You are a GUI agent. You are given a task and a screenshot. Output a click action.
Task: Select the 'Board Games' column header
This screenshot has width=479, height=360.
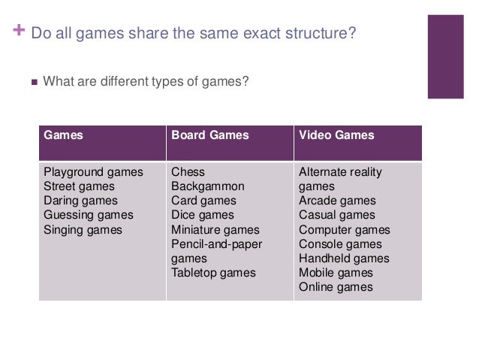coord(210,136)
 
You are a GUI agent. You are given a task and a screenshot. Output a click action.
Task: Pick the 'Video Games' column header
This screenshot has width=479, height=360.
coord(336,136)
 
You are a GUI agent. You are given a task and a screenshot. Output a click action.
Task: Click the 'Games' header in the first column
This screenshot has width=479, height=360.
coord(64,136)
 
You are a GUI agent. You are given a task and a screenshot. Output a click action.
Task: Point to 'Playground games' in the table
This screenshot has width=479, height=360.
coord(93,172)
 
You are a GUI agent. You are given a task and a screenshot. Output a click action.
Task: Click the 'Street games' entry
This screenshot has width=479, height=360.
coord(80,186)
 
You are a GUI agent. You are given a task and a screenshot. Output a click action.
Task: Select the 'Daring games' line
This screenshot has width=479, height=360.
coord(81,201)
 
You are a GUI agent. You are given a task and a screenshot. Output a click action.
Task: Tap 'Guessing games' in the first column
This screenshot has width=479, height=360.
coord(89,215)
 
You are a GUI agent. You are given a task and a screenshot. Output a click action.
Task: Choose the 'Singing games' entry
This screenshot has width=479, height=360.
coord(83,229)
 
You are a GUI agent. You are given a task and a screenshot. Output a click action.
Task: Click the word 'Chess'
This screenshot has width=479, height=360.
coord(188,172)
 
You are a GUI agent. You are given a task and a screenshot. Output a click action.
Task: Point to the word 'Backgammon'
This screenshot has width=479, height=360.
coord(208,186)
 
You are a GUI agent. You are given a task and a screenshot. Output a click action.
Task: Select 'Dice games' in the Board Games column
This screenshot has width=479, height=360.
coord(203,215)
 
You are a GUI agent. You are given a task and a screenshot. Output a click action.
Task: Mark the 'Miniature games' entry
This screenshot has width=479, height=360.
coord(215,229)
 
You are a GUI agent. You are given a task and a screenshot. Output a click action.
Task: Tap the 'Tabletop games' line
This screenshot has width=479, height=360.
coord(213,273)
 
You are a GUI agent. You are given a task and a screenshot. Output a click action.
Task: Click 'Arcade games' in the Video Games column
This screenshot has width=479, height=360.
coord(337,201)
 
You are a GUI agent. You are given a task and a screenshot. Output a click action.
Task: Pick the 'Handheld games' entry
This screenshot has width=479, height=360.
coord(344,259)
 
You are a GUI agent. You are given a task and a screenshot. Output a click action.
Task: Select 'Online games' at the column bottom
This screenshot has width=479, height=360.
coord(336,287)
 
